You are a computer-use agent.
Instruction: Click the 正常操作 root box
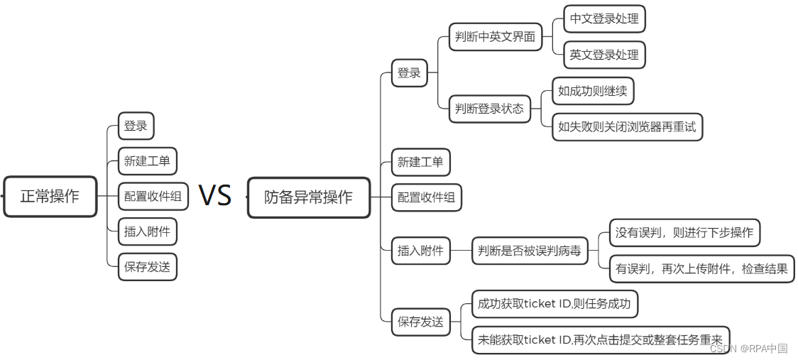50,197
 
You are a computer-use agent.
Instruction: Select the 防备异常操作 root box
309,197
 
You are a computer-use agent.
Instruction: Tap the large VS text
215,195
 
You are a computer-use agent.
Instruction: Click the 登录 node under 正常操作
136,126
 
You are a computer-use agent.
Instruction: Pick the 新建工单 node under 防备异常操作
420,162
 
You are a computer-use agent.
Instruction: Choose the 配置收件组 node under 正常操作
153,197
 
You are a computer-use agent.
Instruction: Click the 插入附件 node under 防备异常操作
420,250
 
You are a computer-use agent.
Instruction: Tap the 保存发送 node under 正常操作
147,267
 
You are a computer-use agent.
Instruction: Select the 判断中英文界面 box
495,36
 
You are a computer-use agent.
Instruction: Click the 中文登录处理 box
604,19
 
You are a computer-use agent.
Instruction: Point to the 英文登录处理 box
604,55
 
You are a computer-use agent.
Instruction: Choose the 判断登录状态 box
490,109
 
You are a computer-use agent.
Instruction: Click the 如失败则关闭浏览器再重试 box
627,127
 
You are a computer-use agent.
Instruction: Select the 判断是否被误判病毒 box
530,250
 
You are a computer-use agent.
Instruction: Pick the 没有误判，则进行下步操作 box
684,232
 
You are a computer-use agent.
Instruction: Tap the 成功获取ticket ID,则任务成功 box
554,304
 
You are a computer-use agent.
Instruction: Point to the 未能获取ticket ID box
600,339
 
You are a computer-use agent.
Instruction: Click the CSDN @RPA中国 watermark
748,349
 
